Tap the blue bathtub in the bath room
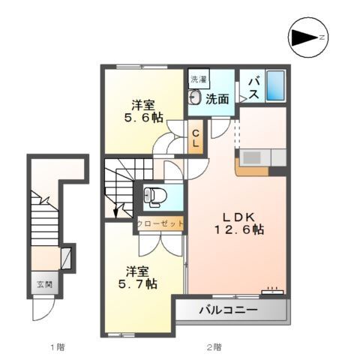tap(276, 85)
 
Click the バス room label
tap(253, 87)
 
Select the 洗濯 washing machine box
tap(199, 79)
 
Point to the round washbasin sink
tap(195, 97)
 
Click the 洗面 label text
tap(217, 99)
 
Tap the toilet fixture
tap(155, 196)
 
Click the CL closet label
tap(196, 139)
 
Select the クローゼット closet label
tap(160, 223)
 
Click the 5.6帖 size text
tap(143, 117)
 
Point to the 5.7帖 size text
tap(137, 284)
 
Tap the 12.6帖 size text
tap(239, 229)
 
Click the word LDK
tap(238, 217)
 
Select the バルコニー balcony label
tap(228, 310)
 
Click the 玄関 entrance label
tap(44, 284)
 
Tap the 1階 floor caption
tap(58, 347)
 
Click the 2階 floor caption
tap(214, 347)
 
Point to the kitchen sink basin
tap(253, 157)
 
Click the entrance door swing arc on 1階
tap(47, 314)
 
